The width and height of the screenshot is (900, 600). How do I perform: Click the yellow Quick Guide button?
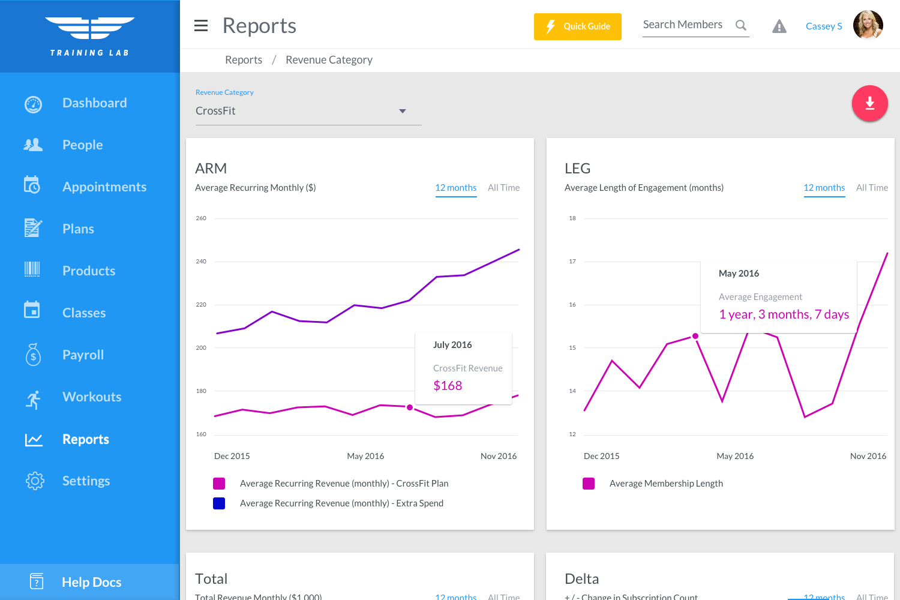[x=577, y=26]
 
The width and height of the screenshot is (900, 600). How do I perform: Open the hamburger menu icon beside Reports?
[x=201, y=26]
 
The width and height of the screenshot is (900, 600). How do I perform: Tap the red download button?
[x=869, y=104]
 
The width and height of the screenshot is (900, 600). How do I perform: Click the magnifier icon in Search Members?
[x=741, y=25]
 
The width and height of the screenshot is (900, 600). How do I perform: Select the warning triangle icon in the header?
[x=779, y=26]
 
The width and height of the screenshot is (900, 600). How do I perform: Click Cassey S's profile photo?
[x=868, y=25]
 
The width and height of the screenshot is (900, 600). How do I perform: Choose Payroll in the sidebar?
[x=83, y=355]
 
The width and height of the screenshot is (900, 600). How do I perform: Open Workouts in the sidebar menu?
[x=91, y=397]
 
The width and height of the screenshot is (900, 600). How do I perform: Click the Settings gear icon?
[x=35, y=481]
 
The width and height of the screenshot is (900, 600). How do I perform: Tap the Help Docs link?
[x=91, y=582]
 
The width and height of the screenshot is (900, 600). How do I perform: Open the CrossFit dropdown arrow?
[x=403, y=111]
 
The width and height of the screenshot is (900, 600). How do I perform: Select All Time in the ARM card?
[x=503, y=188]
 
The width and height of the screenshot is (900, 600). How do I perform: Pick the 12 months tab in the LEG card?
[x=824, y=188]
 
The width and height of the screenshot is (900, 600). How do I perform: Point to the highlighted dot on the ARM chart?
[x=410, y=407]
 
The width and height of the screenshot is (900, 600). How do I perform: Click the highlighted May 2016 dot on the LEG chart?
[x=695, y=336]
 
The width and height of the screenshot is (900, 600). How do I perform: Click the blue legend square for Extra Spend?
[x=219, y=503]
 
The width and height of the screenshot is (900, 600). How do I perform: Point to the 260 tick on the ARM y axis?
[x=201, y=218]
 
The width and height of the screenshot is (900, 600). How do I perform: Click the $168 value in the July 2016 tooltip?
[x=448, y=386]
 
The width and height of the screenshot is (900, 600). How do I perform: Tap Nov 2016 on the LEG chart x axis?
[x=868, y=456]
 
